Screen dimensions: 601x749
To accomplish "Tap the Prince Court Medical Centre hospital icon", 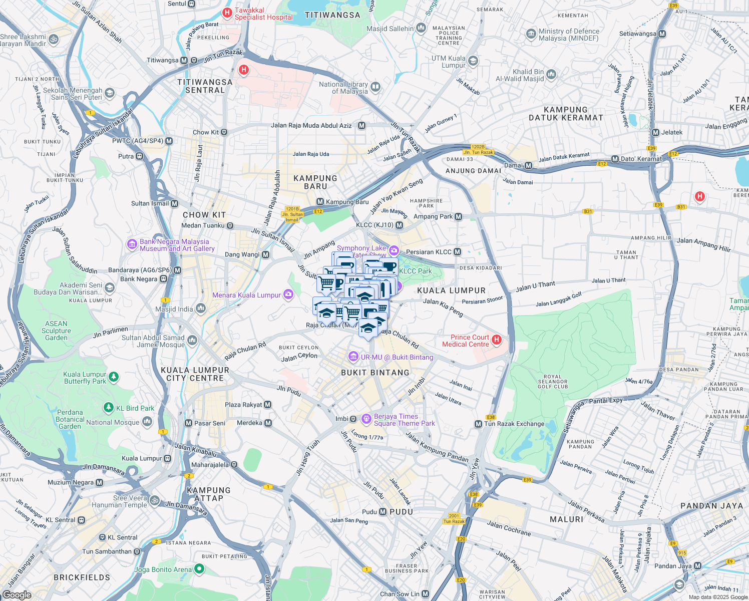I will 497,340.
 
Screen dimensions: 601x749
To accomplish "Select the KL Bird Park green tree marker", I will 109,408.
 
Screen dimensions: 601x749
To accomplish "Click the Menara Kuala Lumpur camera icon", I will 288,294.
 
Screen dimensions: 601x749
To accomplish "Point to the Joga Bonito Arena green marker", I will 199,569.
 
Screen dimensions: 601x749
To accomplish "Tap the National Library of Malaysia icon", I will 376,88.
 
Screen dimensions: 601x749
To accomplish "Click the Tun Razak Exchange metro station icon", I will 478,424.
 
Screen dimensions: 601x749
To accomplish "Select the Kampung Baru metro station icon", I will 320,202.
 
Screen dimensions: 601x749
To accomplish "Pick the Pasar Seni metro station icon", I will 188,423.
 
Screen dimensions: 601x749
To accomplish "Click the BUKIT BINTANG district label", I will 375,373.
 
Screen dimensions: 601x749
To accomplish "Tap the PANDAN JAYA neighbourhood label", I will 711,506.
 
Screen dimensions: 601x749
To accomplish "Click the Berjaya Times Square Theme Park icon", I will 366,418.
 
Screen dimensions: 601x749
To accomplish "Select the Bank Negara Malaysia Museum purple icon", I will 132,244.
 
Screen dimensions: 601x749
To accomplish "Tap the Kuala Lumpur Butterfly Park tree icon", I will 114,377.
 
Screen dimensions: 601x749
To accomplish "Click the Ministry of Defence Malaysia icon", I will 531,34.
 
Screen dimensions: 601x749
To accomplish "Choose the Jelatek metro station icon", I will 655,132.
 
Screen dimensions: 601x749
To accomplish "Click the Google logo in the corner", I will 17,594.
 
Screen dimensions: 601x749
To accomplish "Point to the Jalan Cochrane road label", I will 509,528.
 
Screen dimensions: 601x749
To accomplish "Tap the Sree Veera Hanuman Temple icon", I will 155,500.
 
